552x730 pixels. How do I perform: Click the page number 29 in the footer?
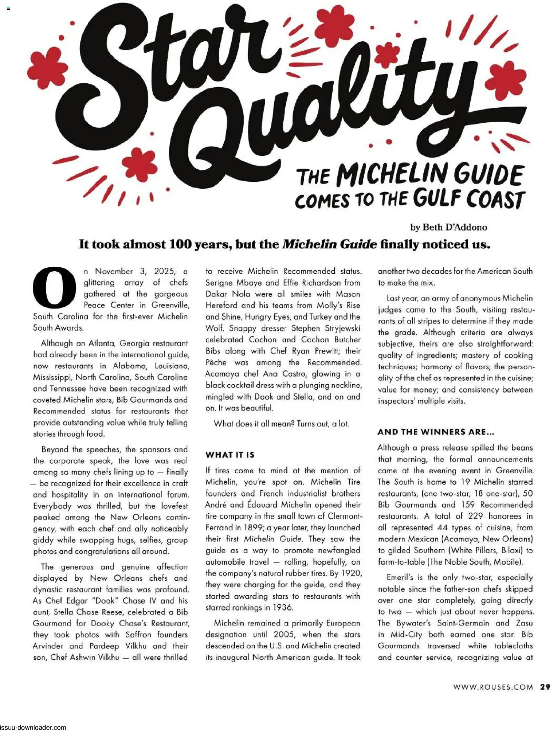(545, 687)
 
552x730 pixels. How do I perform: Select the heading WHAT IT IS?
(230, 455)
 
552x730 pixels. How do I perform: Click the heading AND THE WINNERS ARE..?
(436, 432)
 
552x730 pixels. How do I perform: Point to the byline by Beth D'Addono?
(448, 227)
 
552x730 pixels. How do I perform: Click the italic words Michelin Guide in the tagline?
(329, 245)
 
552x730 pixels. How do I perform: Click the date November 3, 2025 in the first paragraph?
(135, 271)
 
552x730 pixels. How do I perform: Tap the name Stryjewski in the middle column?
(342, 328)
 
